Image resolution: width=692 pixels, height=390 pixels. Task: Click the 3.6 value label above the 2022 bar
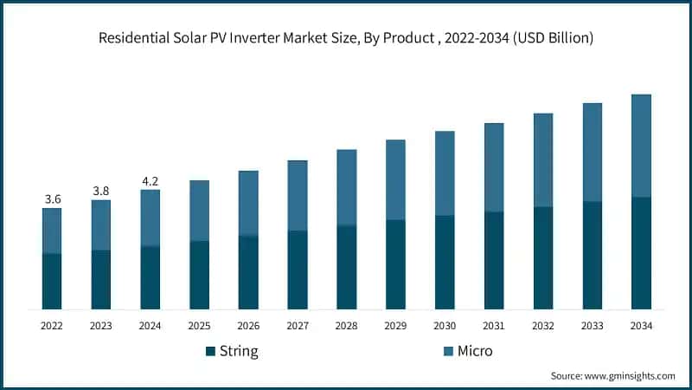pos(52,199)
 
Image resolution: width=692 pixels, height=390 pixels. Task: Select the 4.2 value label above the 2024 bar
pos(151,181)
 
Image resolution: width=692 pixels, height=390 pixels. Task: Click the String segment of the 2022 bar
pos(52,281)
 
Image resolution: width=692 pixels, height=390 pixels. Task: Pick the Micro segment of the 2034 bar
pos(641,146)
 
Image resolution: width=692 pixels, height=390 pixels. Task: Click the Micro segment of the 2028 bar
pos(346,187)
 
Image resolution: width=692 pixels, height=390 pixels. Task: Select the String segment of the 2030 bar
pos(445,262)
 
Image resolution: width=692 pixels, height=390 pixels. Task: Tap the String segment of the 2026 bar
pos(248,272)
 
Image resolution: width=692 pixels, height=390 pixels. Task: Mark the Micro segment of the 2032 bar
pos(543,160)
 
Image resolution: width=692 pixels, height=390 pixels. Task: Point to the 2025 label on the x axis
pos(199,326)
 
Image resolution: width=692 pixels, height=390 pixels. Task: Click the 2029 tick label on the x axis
pos(395,326)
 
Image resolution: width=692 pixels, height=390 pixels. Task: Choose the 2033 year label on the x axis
pos(592,326)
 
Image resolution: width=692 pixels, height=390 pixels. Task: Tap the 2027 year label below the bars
pos(298,326)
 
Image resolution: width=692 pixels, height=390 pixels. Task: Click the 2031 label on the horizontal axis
pos(494,326)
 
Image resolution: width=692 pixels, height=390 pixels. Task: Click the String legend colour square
pos(210,351)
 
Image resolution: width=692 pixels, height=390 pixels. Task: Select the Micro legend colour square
pos(448,351)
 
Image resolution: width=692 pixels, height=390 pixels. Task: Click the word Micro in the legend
pos(475,351)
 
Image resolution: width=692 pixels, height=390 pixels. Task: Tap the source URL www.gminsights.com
pos(631,375)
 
